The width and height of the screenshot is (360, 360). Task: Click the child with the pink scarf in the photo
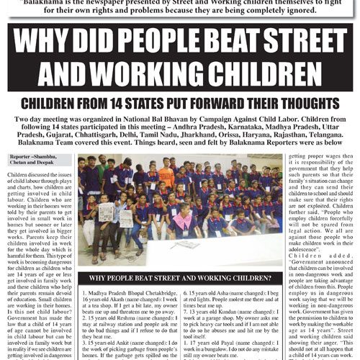(x=183, y=229)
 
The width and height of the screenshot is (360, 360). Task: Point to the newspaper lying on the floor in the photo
(x=106, y=213)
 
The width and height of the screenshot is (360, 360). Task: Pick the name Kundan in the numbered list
(x=248, y=317)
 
